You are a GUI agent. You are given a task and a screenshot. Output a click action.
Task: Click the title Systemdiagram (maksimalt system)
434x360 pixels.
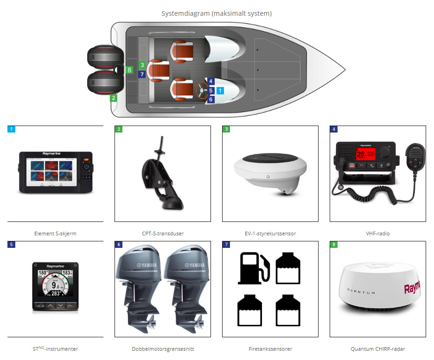217,13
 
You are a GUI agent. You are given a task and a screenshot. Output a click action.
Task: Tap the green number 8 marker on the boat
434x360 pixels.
129,70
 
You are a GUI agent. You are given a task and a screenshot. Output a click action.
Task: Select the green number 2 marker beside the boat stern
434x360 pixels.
113,98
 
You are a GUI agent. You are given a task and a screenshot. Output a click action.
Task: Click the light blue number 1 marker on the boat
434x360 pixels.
220,91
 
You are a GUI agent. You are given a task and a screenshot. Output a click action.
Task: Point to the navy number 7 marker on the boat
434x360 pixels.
142,74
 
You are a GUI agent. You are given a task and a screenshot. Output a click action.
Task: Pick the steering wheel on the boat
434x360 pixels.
202,90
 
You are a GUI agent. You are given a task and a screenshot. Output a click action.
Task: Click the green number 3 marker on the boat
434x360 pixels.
142,65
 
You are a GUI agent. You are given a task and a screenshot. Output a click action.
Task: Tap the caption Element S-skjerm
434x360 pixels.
55,234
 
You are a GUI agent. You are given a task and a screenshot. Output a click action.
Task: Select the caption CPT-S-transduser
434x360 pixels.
163,234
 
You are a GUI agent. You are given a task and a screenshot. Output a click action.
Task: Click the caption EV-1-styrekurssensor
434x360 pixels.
270,234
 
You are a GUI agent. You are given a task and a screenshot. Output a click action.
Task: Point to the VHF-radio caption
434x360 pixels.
378,234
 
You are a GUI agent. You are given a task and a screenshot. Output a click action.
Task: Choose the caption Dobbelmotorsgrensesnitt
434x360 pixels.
163,349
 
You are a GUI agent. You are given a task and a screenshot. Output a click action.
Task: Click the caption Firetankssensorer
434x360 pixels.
270,349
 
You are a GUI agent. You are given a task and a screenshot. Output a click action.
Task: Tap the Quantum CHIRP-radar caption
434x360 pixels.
378,349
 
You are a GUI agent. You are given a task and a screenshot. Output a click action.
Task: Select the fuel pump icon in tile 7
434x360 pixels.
253,268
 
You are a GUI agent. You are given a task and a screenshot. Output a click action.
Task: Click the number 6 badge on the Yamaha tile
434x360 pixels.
119,245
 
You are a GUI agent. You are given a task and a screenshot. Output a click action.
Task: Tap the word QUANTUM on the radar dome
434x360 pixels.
361,292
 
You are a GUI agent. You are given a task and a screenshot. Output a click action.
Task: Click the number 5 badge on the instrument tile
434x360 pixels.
11,245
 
